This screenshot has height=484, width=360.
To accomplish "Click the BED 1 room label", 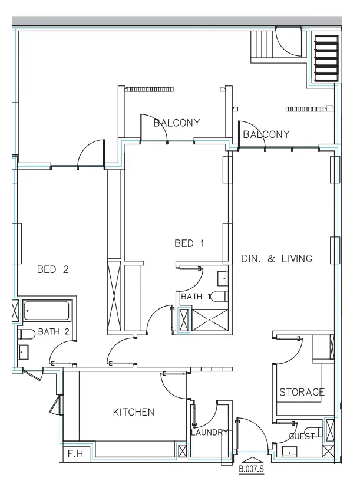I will coord(189,243).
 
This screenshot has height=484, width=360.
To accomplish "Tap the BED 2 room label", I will coord(53,270).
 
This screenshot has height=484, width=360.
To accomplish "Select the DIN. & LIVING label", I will coord(276,258).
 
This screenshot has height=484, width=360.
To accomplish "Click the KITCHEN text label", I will coord(134,412).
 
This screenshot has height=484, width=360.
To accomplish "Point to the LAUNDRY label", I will coord(209,433).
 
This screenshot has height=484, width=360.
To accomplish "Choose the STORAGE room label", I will coord(302,392).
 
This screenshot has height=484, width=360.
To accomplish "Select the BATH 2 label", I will coord(54,331).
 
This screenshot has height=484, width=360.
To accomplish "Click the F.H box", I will coord(74,455).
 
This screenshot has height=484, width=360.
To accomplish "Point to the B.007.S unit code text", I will coord(250,470).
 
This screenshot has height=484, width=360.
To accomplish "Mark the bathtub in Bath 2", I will coord(47,310).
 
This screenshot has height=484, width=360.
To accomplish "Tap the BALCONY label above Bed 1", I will coord(177,123).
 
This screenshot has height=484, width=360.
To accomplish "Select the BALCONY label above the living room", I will coord(266,134).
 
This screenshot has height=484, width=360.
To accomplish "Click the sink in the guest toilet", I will coord(289,452).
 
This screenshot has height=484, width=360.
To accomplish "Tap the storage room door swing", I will coord(289,351).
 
